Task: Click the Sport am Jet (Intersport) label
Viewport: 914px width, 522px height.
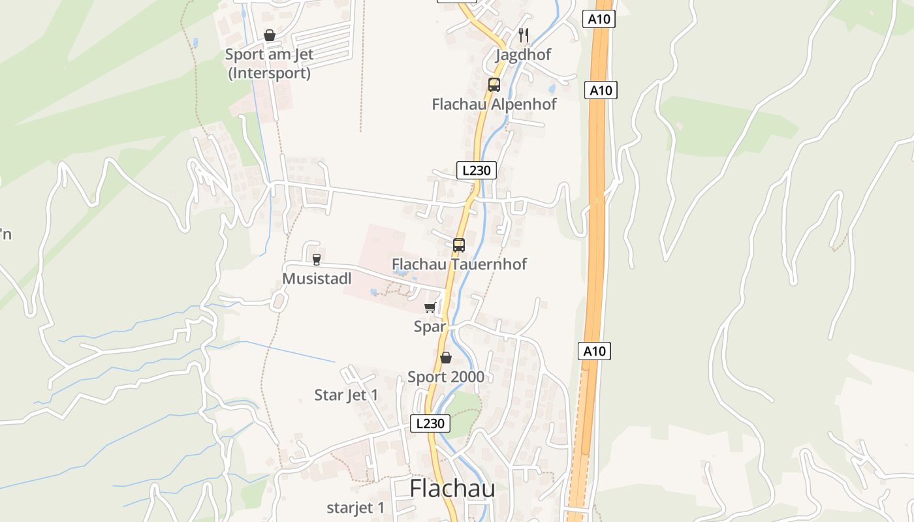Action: [269, 64]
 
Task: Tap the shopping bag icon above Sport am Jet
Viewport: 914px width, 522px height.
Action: [269, 35]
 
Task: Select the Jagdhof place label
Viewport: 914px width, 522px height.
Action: [523, 55]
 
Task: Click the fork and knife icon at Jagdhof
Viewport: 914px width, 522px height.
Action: [523, 35]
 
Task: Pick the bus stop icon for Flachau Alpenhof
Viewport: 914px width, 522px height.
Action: [494, 85]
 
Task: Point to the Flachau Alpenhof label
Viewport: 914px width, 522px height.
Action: [494, 104]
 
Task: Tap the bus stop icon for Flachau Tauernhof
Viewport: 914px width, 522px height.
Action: [459, 245]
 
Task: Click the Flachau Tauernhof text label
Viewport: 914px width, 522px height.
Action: [459, 264]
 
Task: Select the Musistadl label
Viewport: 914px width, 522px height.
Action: [317, 279]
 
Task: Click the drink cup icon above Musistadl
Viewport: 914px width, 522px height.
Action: [317, 260]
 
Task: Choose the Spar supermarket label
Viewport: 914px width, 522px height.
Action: [430, 327]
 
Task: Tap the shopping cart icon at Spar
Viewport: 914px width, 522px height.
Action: [430, 308]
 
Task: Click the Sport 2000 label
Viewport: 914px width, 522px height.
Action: [446, 377]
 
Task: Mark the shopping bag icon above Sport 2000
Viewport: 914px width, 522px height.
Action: [446, 358]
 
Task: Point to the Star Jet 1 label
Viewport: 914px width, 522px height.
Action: [346, 395]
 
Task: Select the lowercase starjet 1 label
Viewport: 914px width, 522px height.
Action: [356, 508]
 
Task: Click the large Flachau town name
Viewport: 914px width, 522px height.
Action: [452, 489]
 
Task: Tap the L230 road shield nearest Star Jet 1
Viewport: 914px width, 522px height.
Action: [430, 423]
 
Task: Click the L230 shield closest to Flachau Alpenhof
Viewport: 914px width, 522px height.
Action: [476, 171]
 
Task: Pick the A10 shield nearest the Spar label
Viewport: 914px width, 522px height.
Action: [594, 352]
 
